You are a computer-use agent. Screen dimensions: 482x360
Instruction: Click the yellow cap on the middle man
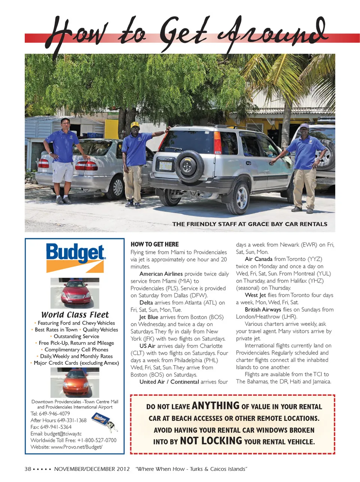pos(135,125)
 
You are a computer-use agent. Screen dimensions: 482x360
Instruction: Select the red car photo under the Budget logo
pos(75,293)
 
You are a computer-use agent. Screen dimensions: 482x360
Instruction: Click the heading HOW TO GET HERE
pos(154,244)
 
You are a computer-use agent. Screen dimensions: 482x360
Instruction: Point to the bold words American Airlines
pos(161,274)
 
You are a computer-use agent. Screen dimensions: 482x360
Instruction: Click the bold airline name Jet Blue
pos(148,317)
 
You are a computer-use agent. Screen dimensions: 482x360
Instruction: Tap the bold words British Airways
pos(263,310)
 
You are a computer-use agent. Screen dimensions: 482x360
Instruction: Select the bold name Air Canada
pos(258,259)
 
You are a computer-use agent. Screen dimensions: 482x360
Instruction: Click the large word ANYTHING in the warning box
pos(215,406)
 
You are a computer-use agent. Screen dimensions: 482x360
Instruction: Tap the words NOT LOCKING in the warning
pos(211,441)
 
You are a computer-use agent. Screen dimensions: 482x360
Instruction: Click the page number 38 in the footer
pos(28,469)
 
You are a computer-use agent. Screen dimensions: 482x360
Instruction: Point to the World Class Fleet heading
pos(75,315)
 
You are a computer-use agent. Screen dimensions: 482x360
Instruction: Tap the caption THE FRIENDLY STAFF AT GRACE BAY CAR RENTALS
pos(250,224)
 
